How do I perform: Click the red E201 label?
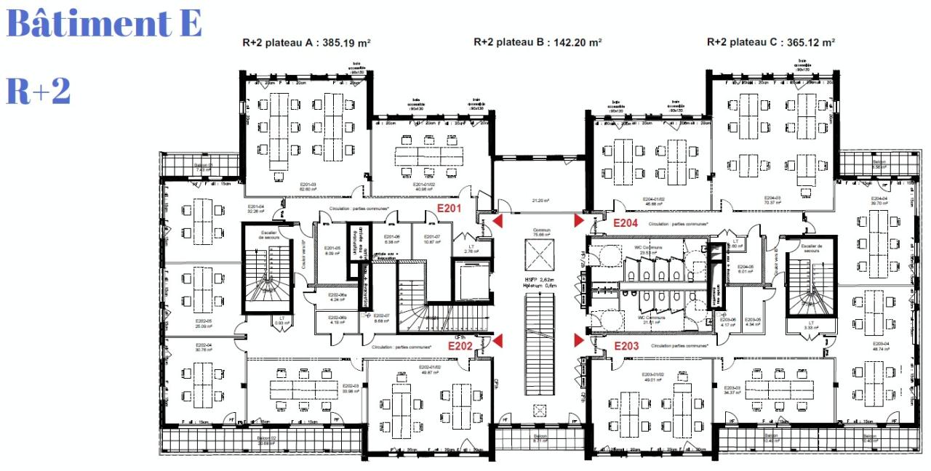click(449, 208)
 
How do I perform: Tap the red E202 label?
click(460, 347)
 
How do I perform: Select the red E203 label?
click(626, 347)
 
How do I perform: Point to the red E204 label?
click(626, 223)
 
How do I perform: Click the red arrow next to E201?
click(498, 220)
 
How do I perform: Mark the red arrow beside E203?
click(579, 340)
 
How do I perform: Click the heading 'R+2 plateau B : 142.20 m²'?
click(538, 42)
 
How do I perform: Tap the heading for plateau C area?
click(771, 42)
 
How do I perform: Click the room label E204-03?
click(773, 198)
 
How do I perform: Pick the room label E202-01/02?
click(431, 368)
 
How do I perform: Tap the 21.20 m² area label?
click(540, 201)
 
